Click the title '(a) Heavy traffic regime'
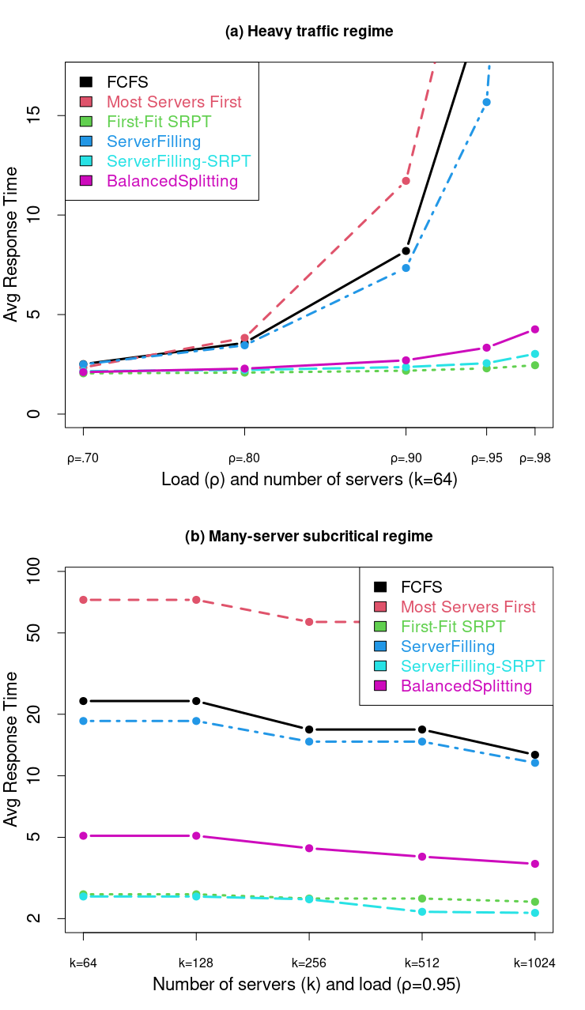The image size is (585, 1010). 309,32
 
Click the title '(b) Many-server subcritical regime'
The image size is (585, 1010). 309,537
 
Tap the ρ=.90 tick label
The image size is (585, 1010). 406,458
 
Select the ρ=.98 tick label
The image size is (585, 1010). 534,458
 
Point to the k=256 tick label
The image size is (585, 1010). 308,963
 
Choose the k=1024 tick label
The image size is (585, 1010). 534,963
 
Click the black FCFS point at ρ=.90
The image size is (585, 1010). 406,251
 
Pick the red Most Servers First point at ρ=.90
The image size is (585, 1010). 406,181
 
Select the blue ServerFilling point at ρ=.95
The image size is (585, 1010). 487,102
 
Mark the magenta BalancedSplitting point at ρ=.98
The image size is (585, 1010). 535,329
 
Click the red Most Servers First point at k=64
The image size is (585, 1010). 83,600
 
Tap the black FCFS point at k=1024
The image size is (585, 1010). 535,755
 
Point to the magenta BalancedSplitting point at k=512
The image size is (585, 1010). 421,857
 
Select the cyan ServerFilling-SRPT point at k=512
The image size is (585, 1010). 421,912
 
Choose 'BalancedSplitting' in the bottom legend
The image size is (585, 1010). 466,686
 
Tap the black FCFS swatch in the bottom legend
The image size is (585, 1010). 380,587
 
